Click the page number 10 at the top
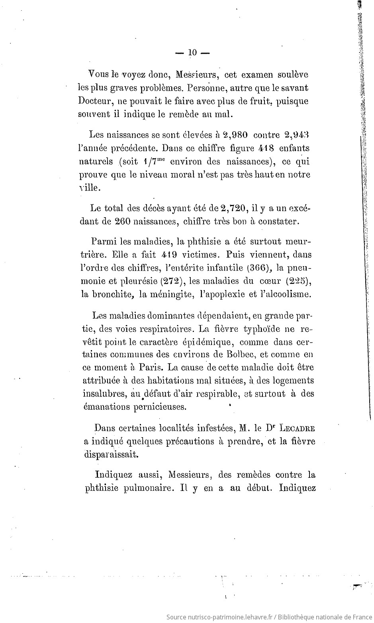(x=192, y=53)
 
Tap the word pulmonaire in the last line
(x=141, y=488)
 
